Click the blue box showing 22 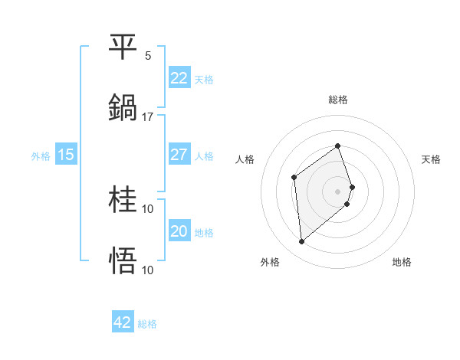pyautogui.click(x=179, y=78)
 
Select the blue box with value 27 pyautogui.click(x=179, y=155)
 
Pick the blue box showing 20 pyautogui.click(x=179, y=231)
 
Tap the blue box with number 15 pyautogui.click(x=66, y=155)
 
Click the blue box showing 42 pyautogui.click(x=123, y=322)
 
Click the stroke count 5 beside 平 pyautogui.click(x=148, y=56)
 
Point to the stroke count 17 pyautogui.click(x=148, y=117)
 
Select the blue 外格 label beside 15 pyautogui.click(x=41, y=155)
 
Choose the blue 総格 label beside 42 pyautogui.click(x=147, y=323)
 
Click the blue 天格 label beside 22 pyautogui.click(x=204, y=79)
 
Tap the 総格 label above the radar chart pyautogui.click(x=338, y=100)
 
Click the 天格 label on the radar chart pyautogui.click(x=432, y=159)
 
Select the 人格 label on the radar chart pyautogui.click(x=245, y=159)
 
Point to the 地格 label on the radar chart pyautogui.click(x=402, y=262)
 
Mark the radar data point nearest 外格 pyautogui.click(x=302, y=242)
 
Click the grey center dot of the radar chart pyautogui.click(x=338, y=191)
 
